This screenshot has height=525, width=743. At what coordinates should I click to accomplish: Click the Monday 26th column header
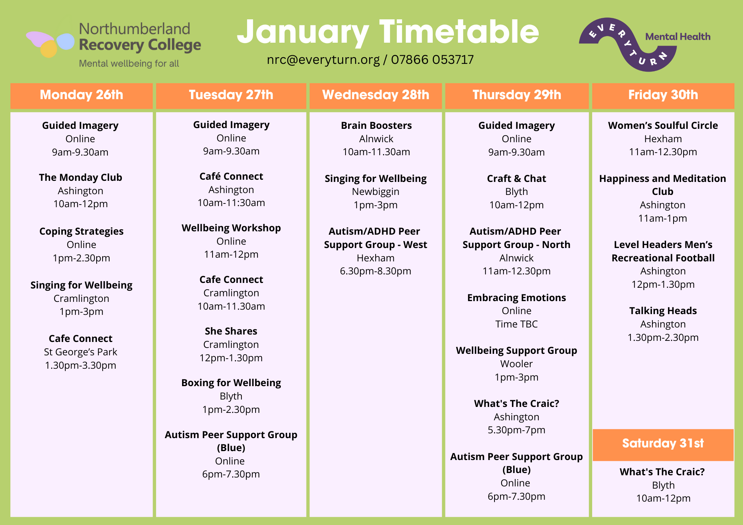pos(81,95)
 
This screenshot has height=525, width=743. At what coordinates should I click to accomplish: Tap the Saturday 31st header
pos(663,444)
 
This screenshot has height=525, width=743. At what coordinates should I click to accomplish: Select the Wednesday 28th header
pos(376,95)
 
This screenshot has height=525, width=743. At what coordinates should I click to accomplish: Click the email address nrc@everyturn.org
pos(323,60)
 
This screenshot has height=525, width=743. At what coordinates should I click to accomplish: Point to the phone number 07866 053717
pos(432,59)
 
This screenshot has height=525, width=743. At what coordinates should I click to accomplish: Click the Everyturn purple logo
pos(628,45)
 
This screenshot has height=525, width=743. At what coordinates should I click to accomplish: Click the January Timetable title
pos(388,33)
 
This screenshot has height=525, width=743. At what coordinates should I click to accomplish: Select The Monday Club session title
pos(81,177)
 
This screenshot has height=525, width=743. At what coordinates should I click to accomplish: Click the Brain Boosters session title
pos(376,125)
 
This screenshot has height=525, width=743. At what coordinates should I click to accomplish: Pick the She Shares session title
pos(231,331)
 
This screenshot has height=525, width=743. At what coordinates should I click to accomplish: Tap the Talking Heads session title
pos(663,311)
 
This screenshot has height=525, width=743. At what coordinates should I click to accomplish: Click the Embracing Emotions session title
pos(516,298)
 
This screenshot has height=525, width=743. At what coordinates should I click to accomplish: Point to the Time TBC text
pos(516,324)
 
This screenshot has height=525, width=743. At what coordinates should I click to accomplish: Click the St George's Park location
pos(81,352)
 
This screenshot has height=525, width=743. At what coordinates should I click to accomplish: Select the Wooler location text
pos(516,364)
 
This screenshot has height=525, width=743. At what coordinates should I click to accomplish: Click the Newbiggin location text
pos(376,192)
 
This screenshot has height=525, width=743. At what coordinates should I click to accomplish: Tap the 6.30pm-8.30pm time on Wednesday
pos(376,271)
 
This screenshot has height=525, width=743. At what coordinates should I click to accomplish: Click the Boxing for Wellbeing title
pos(231,383)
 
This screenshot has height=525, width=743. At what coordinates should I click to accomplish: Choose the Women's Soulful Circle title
pos(663,125)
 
